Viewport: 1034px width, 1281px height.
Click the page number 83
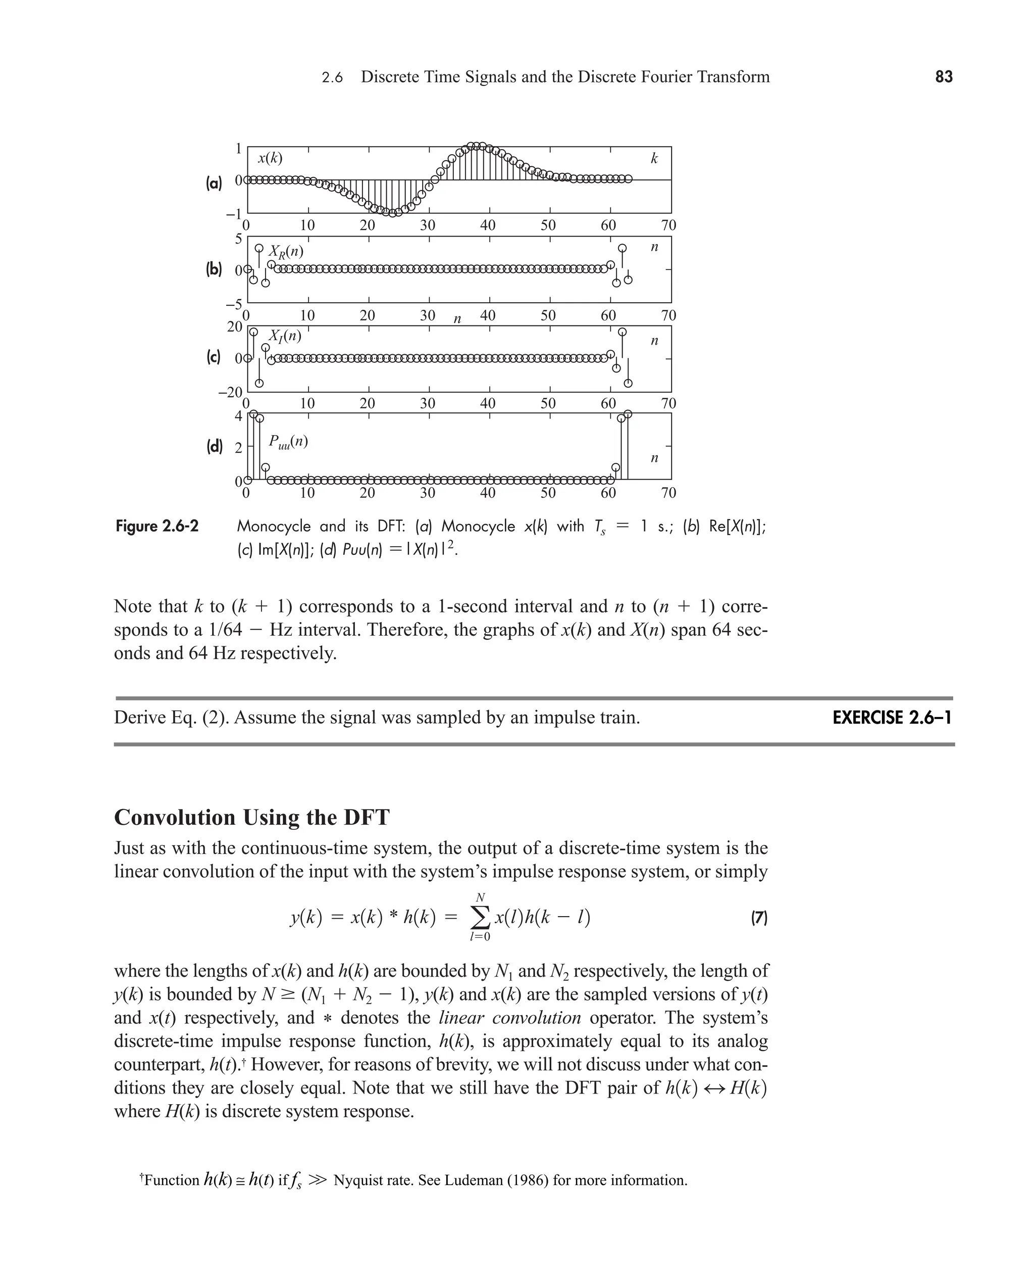[944, 77]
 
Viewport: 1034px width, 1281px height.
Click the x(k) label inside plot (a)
[270, 159]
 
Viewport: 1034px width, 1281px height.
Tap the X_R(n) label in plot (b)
[286, 251]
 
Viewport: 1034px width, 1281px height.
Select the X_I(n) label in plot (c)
[285, 336]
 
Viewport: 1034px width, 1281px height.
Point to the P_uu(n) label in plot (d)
[288, 442]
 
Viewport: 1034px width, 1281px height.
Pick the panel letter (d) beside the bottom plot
[215, 447]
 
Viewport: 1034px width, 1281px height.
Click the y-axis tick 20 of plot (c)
[235, 326]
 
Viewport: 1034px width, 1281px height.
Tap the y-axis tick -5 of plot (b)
[234, 305]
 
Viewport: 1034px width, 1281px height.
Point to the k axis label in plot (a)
[654, 159]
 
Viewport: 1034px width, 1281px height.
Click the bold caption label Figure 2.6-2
[157, 527]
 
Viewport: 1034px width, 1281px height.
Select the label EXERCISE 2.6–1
[892, 718]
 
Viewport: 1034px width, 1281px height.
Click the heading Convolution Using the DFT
[251, 817]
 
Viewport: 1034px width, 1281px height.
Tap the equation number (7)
[758, 917]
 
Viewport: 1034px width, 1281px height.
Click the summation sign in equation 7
[480, 918]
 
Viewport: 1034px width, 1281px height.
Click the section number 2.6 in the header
[332, 77]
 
